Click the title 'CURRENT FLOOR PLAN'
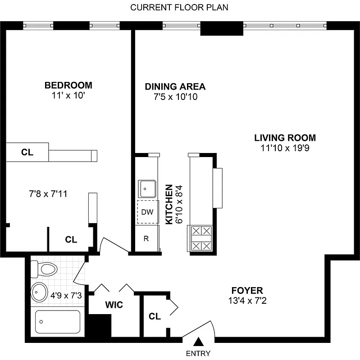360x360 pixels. click(x=179, y=8)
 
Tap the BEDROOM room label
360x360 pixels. click(x=68, y=85)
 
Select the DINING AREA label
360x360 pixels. click(x=175, y=87)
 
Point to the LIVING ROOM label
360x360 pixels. click(x=285, y=138)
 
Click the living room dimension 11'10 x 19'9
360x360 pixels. click(x=285, y=148)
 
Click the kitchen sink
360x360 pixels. click(x=147, y=189)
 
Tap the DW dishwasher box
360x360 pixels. click(x=146, y=212)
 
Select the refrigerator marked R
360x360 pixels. click(x=146, y=238)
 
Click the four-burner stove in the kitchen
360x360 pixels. click(x=201, y=238)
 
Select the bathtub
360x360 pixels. click(x=58, y=322)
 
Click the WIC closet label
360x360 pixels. click(x=114, y=305)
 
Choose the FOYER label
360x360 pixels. click(x=247, y=291)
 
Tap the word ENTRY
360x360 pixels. click(x=198, y=354)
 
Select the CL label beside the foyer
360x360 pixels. click(x=155, y=316)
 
